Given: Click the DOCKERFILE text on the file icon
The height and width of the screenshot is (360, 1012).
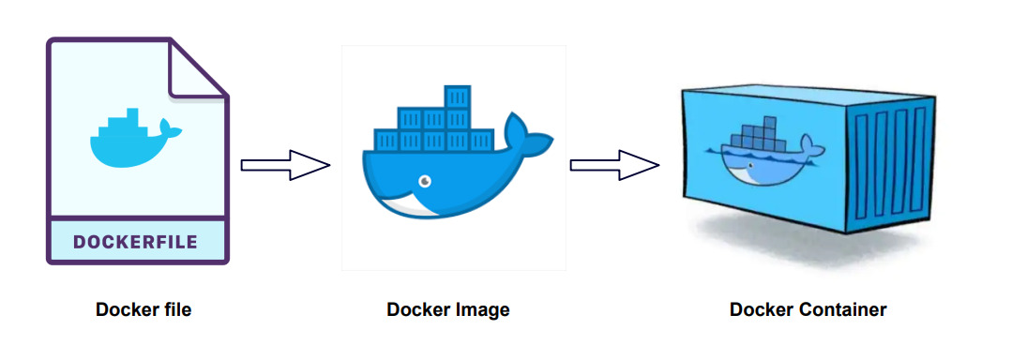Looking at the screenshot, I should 135,242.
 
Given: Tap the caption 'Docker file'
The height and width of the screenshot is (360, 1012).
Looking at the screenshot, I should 143,309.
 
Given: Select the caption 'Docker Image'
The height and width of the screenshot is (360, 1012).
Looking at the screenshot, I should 448,309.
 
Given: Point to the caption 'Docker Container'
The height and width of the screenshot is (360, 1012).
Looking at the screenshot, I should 808,309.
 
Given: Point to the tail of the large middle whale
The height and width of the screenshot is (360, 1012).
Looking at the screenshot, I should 526,136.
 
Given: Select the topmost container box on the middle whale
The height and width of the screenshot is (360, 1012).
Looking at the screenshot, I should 457,97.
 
